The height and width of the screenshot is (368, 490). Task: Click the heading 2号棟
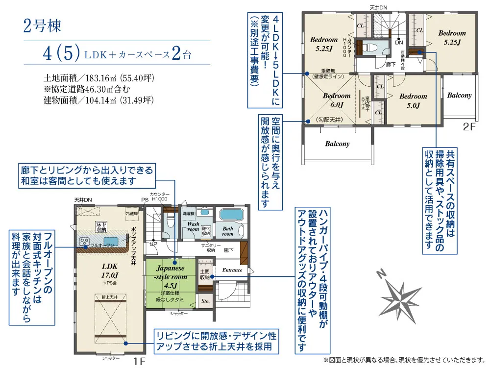[x=42, y=26]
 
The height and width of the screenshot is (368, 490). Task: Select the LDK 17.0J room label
[x=110, y=270]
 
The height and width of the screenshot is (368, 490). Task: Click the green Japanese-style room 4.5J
[x=171, y=281]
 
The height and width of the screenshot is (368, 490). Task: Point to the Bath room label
[x=228, y=231]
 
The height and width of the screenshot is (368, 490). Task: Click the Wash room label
[x=193, y=226]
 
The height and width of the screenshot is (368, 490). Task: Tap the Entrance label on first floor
[x=232, y=270]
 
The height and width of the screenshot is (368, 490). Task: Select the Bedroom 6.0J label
[x=337, y=100]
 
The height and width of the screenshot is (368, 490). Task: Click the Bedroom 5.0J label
[x=413, y=100]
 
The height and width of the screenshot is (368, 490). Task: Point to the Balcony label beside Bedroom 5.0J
[x=459, y=96]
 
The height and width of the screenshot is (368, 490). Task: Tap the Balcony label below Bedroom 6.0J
[x=337, y=144]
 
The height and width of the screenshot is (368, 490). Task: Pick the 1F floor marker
[x=140, y=362]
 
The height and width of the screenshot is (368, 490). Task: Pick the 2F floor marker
[x=469, y=127]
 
